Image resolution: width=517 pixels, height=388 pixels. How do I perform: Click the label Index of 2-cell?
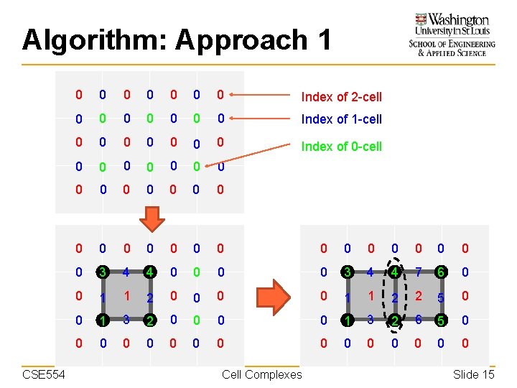(x=341, y=97)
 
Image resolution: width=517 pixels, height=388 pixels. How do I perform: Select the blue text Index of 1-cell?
(x=341, y=119)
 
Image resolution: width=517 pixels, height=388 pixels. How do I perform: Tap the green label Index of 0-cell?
(x=341, y=147)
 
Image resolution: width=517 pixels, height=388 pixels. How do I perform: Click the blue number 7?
(x=418, y=273)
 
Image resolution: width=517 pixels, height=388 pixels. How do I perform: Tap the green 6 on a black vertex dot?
(x=441, y=273)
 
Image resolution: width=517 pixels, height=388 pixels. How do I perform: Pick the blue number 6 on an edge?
(x=418, y=319)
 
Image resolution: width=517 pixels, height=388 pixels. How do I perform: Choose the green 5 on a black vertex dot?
(x=441, y=319)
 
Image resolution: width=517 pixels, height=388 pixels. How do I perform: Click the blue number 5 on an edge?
(x=441, y=296)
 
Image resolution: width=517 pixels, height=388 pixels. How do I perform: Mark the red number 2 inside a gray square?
(x=418, y=296)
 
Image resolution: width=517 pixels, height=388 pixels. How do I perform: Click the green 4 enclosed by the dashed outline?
(x=394, y=273)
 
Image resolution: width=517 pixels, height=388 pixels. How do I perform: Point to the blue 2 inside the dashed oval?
(x=394, y=296)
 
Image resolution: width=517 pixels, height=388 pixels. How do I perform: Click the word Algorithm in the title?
(x=93, y=40)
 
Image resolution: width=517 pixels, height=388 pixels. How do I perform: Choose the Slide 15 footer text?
(x=473, y=374)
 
